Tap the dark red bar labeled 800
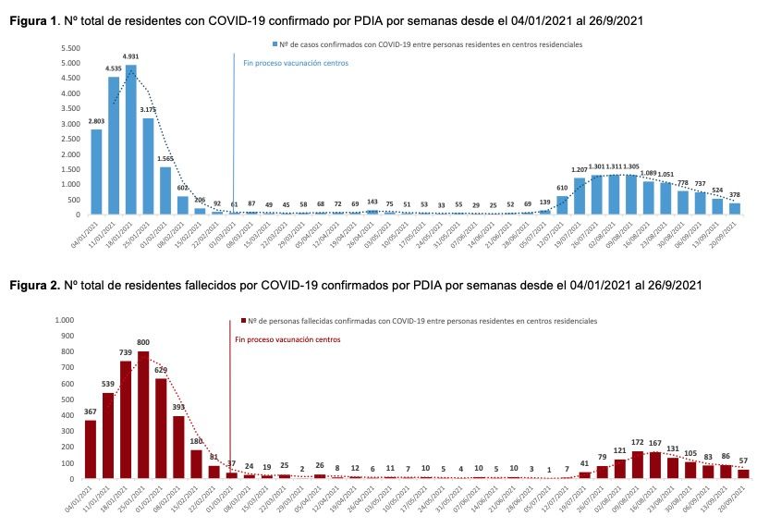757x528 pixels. point(143,415)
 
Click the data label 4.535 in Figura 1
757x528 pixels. point(114,68)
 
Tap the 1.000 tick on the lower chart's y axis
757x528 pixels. point(65,320)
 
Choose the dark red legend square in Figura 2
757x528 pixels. point(242,319)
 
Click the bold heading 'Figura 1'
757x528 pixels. point(28,19)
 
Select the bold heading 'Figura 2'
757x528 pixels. point(28,285)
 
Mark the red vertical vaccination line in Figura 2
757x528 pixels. point(228,398)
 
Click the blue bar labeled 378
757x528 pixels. point(735,208)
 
